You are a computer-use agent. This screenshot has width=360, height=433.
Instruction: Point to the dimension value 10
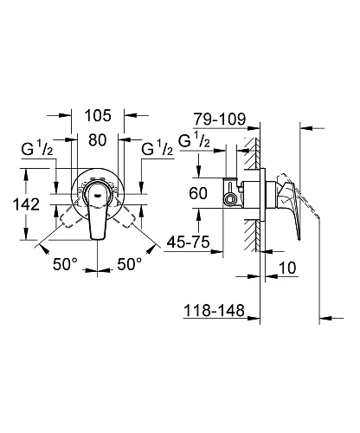click(x=288, y=271)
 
